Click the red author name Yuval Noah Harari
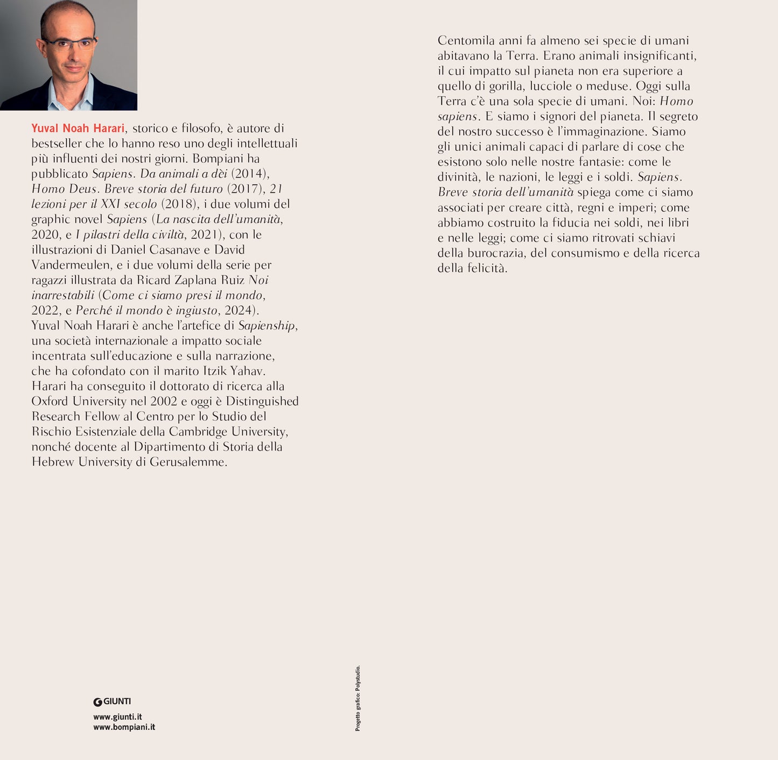[78, 128]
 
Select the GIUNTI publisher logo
[112, 701]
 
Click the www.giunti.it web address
[117, 717]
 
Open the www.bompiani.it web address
[124, 727]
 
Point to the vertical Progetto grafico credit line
[358, 698]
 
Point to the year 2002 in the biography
[164, 401]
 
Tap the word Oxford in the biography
[50, 401]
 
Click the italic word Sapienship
[267, 326]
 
